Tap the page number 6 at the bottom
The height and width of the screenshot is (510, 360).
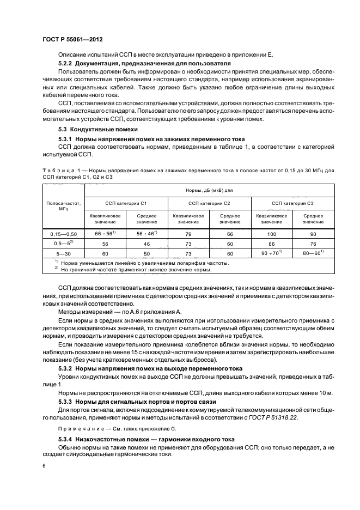pyautogui.click(x=44, y=466)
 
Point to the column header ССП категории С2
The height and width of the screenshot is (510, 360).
pyautogui.click(x=209, y=203)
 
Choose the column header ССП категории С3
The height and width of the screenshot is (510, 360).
pyautogui.click(x=292, y=203)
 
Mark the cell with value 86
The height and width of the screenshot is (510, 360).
pyautogui.click(x=271, y=244)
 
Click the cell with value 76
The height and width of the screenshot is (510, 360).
pyautogui.click(x=313, y=244)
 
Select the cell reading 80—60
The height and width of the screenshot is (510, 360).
pyautogui.click(x=313, y=253)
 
